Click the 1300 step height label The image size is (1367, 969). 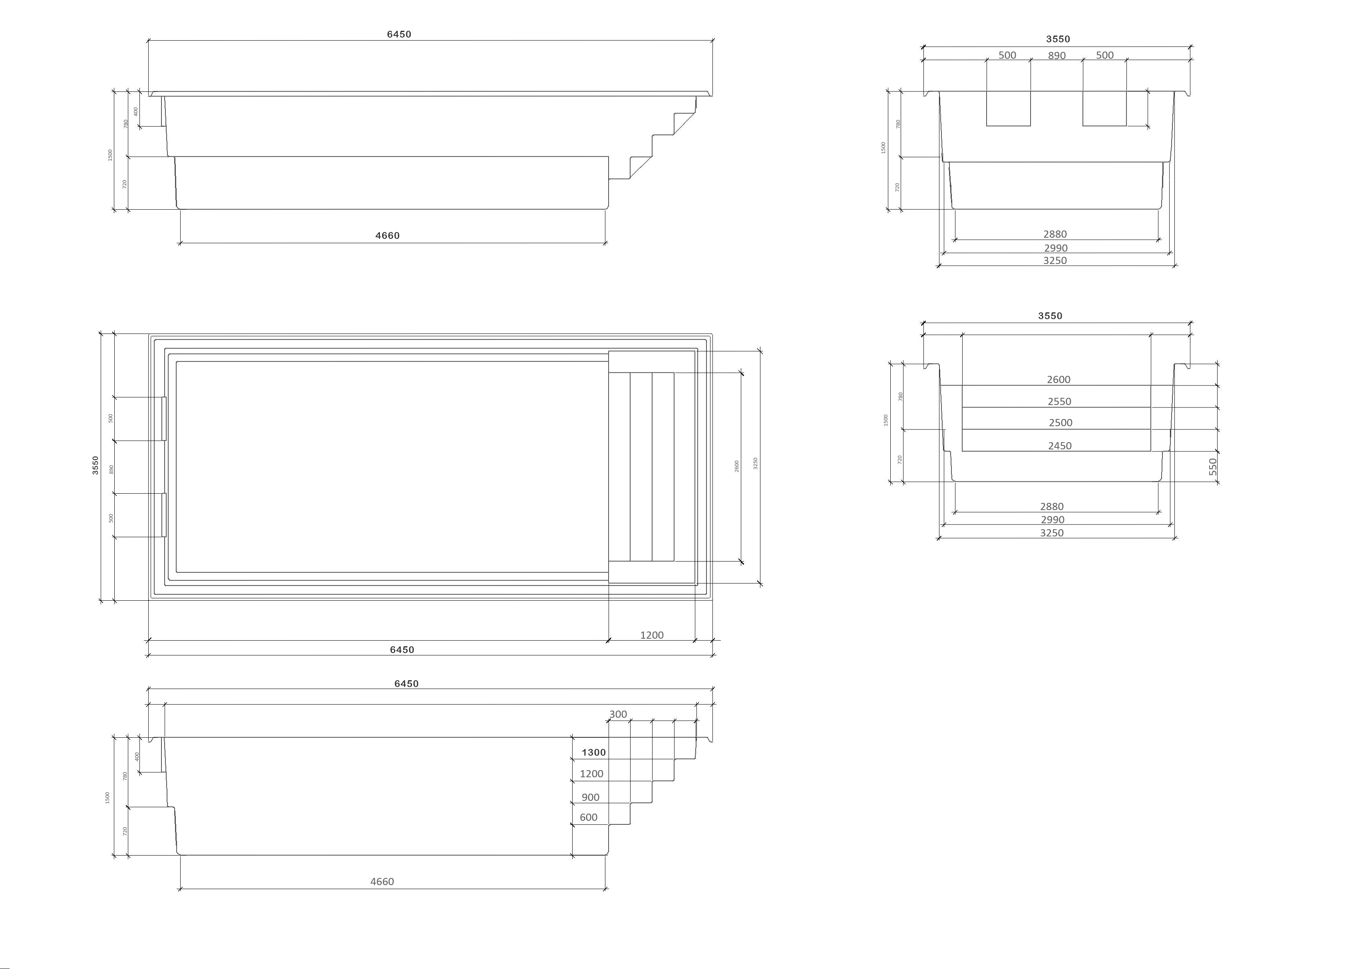point(593,753)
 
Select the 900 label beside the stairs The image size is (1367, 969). point(590,797)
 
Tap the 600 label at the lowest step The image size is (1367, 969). point(589,818)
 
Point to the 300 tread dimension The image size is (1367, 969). point(618,714)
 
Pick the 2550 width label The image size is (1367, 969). point(1060,401)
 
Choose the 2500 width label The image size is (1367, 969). point(1061,423)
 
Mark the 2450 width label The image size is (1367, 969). point(1060,446)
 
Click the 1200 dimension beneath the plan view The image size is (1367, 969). point(652,635)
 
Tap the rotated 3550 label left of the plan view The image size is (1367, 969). point(96,465)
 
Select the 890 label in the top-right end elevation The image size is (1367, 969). point(1057,56)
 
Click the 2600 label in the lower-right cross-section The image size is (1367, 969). point(1059,379)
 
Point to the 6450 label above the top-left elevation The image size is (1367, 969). point(399,34)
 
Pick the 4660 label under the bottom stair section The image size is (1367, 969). point(382,881)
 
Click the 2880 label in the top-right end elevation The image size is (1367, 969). point(1055,234)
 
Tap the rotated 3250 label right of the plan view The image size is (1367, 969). point(756,464)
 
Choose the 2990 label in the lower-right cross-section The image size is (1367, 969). point(1053,520)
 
